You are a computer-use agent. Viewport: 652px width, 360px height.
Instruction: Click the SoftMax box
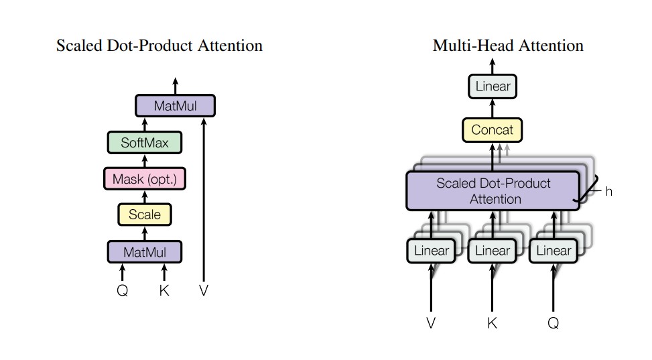pos(145,143)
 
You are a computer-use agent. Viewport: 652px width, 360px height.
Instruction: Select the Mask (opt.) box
pos(145,179)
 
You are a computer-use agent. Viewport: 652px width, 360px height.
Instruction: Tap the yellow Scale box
pos(145,215)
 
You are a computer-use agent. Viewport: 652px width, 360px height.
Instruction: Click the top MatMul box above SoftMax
pos(175,106)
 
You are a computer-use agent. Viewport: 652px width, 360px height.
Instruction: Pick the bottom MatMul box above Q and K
pos(145,252)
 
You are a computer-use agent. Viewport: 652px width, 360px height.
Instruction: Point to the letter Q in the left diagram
pos(123,291)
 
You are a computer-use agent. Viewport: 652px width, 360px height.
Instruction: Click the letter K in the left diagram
pos(164,291)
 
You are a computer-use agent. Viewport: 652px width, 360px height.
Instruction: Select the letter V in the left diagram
pos(203,291)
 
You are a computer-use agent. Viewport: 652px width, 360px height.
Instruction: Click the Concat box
pos(493,129)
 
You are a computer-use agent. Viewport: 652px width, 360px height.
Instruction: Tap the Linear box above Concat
pos(493,86)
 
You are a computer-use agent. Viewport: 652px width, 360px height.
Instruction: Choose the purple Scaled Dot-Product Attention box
pos(493,191)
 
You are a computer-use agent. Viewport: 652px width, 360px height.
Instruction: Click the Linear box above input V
pos(431,251)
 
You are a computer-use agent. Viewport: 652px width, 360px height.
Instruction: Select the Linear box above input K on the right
pos(493,251)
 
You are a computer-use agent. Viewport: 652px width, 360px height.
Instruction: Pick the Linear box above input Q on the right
pos(553,251)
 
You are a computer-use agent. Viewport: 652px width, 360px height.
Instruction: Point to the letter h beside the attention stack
pos(608,192)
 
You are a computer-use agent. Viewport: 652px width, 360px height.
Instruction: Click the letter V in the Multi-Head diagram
pos(431,323)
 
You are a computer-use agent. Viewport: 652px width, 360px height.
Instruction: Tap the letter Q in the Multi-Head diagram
pos(553,323)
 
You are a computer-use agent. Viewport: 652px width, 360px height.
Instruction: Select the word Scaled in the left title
pos(78,46)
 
